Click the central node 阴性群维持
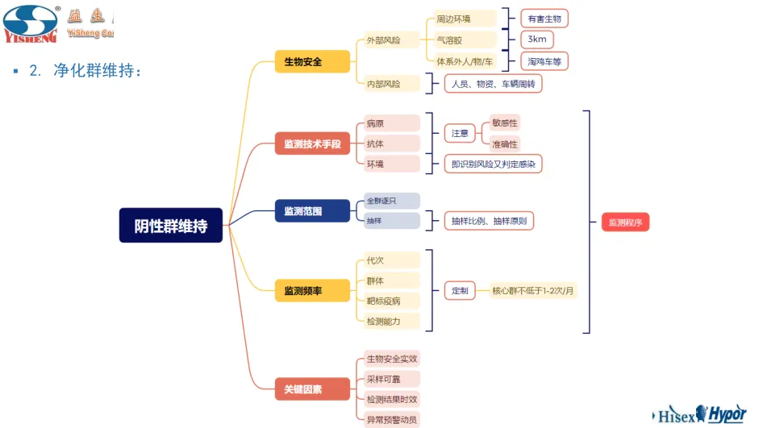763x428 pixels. (x=171, y=226)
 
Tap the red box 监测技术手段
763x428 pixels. (x=312, y=144)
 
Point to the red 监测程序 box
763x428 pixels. (x=625, y=222)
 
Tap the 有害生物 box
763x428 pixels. (x=544, y=19)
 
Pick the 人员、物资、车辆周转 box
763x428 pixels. (x=493, y=83)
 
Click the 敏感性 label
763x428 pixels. (x=505, y=123)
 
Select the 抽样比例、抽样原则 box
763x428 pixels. (x=489, y=220)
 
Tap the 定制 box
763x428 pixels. (x=459, y=290)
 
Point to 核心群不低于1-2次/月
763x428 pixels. (x=533, y=290)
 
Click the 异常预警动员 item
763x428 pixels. (x=392, y=419)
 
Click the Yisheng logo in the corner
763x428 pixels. (x=32, y=23)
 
